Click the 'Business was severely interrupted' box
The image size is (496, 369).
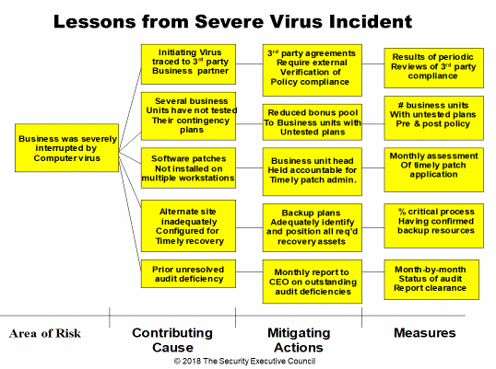(66, 148)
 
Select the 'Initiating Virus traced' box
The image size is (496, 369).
(188, 64)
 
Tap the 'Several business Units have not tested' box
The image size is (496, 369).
(188, 116)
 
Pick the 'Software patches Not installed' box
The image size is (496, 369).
(188, 167)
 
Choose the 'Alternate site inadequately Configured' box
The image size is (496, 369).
(188, 225)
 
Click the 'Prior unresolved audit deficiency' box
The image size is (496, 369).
(188, 273)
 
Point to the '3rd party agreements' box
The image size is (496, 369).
(313, 70)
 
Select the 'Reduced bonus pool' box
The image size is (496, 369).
(313, 122)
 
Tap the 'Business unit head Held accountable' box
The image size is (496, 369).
(313, 172)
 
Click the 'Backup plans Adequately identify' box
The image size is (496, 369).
(313, 227)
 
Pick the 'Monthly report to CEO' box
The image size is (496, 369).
(313, 282)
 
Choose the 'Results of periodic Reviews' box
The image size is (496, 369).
(433, 68)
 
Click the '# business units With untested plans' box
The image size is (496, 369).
(433, 118)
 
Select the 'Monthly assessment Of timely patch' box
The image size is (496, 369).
(433, 170)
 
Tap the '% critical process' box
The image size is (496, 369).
(433, 225)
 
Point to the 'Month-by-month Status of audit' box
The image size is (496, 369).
(431, 280)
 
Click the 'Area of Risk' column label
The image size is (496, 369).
(45, 333)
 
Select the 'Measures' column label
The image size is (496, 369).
(424, 333)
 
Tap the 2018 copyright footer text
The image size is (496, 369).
(244, 361)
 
